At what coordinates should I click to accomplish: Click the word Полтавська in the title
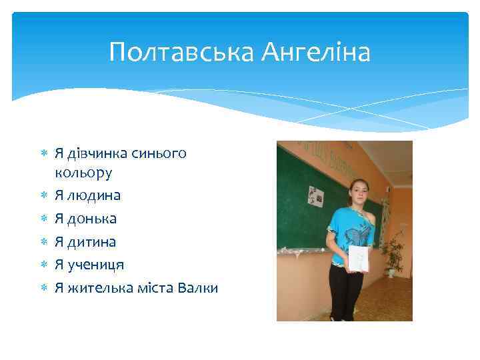tap(181, 51)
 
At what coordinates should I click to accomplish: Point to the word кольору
tap(83, 173)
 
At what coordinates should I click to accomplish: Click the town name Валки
tap(199, 287)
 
